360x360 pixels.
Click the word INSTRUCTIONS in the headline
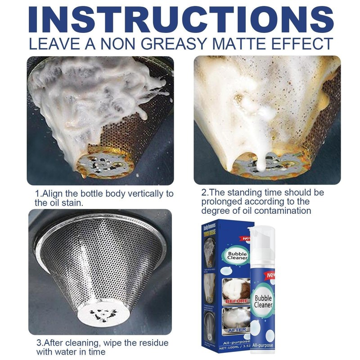coord(180,19)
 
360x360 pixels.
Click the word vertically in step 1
coord(144,193)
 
